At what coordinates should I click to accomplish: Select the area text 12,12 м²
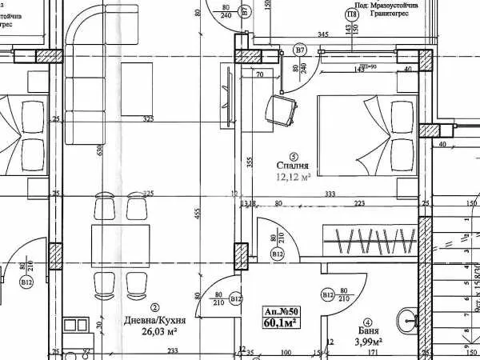pos(293,178)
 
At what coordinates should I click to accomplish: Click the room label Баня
pos(368,330)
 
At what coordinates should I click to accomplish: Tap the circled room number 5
pos(294,156)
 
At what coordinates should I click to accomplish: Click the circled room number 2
pos(154,307)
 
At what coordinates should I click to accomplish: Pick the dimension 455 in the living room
pos(198,214)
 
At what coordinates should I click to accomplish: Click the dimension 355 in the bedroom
pos(250,162)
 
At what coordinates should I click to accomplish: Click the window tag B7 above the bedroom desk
pos(300,50)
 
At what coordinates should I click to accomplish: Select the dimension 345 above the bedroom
pos(323,34)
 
